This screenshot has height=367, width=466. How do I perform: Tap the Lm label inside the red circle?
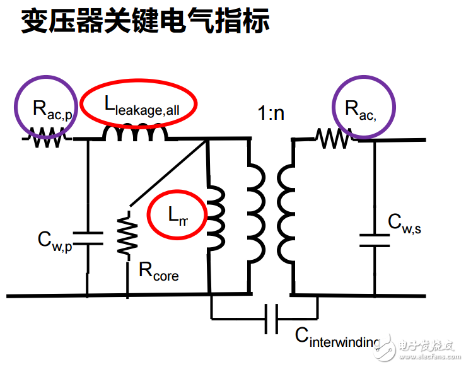(x=178, y=215)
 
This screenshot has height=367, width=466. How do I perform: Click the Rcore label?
(x=159, y=272)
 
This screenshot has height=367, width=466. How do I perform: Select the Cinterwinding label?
(x=337, y=336)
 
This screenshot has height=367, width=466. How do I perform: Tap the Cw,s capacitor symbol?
(x=373, y=242)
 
